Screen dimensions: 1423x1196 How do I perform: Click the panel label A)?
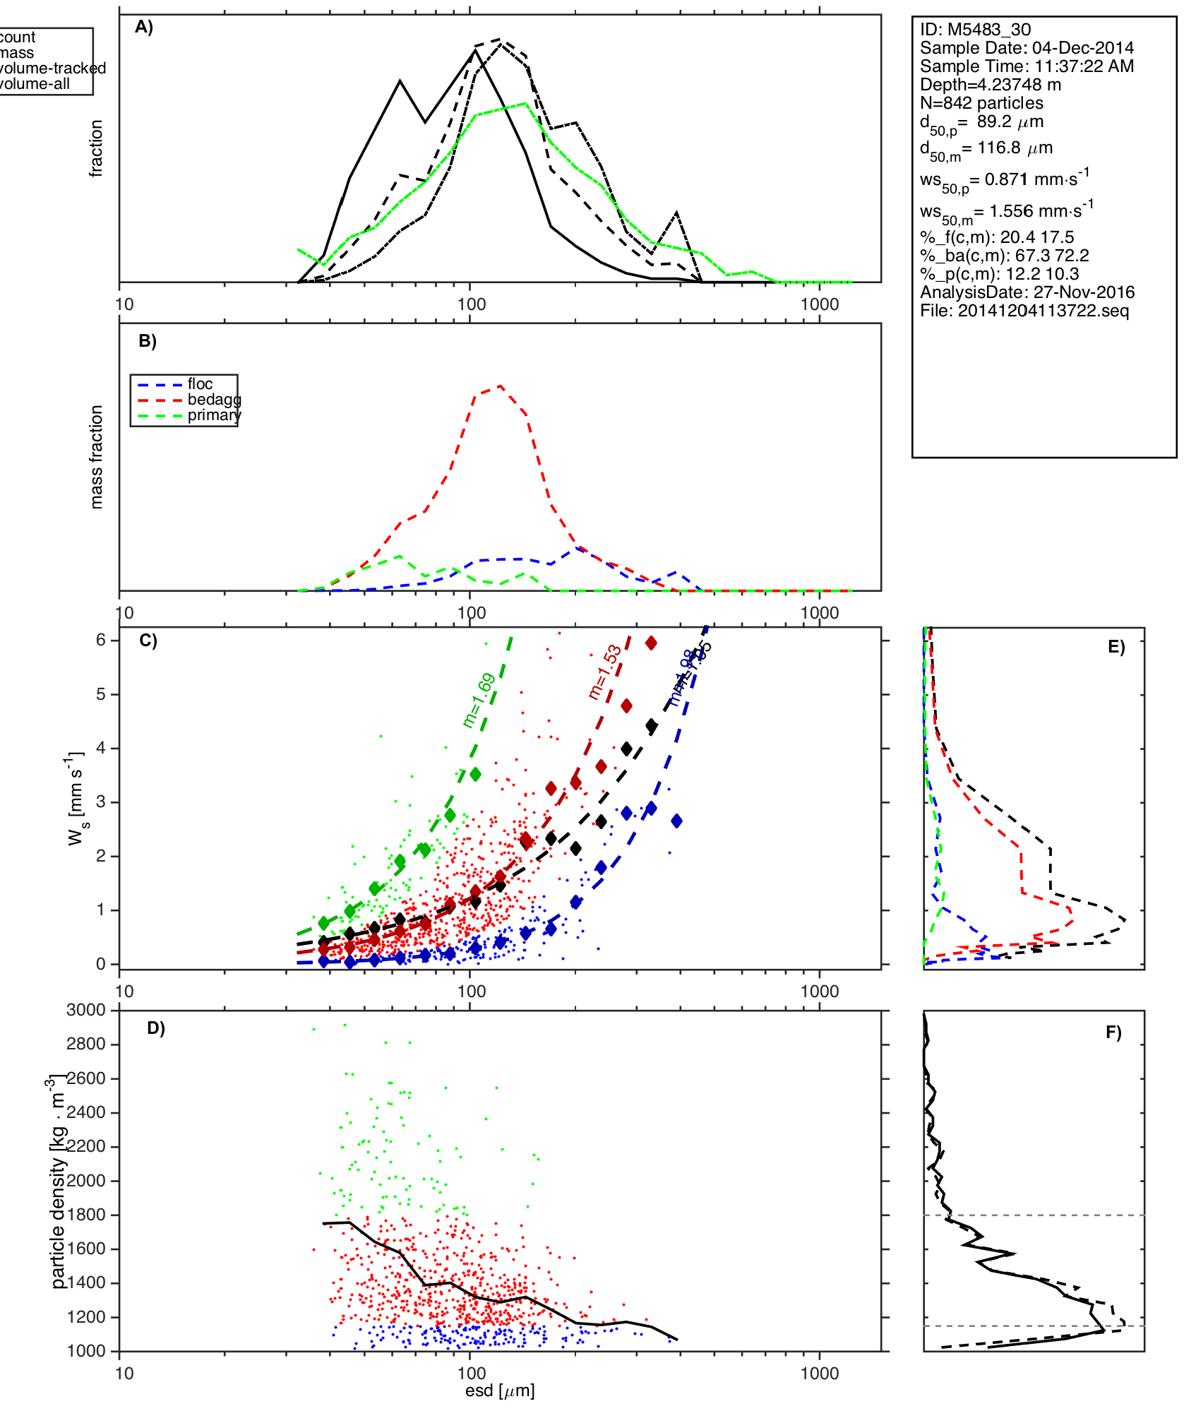point(144,27)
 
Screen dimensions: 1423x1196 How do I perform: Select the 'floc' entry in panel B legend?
point(200,384)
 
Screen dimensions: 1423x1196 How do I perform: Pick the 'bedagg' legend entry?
point(214,400)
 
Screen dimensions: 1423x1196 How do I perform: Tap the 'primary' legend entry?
point(214,415)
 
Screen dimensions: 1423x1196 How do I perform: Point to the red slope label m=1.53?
point(605,672)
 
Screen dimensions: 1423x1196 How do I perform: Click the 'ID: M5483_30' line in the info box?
point(975,30)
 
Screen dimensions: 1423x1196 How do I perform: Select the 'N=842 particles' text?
point(981,103)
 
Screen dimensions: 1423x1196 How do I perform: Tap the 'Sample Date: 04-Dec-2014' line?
point(1027,48)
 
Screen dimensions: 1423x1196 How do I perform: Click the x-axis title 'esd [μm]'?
point(500,1391)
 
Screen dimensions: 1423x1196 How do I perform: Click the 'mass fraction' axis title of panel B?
point(97,457)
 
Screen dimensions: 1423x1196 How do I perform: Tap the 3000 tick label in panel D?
point(86,1010)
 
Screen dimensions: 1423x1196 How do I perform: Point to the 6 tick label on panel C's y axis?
point(101,640)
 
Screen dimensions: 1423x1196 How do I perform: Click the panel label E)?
point(1116,647)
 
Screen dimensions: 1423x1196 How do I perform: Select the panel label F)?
point(1113,1032)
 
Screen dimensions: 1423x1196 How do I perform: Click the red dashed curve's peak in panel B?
point(500,386)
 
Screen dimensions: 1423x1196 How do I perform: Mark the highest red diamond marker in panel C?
point(651,643)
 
